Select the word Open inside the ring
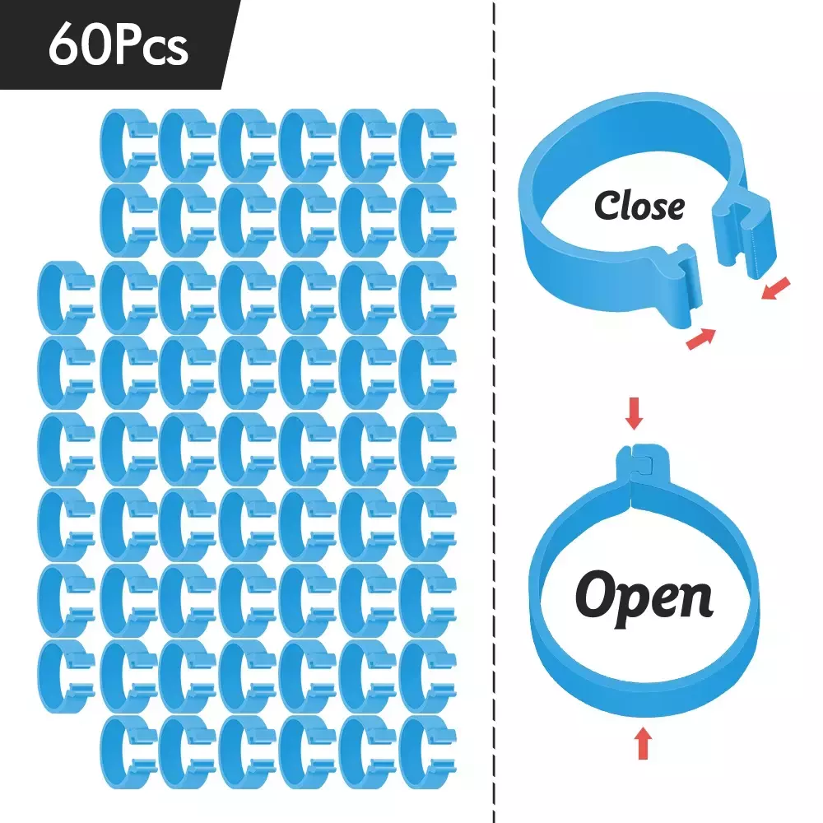point(644,599)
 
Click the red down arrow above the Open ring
point(635,413)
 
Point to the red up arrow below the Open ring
point(644,742)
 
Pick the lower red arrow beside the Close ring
point(701,338)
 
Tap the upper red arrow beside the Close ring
point(776,288)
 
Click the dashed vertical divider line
point(495,411)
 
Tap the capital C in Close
point(607,205)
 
